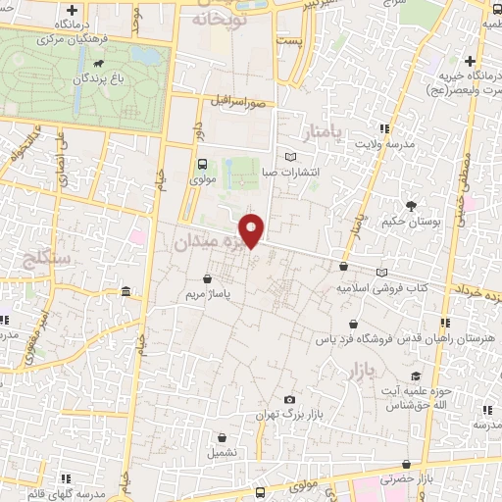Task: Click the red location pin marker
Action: (x=253, y=229)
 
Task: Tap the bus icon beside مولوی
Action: (x=202, y=164)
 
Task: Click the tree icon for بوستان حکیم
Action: (x=411, y=205)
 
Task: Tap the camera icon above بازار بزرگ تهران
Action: (x=288, y=399)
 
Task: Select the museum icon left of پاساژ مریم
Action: (x=126, y=292)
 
